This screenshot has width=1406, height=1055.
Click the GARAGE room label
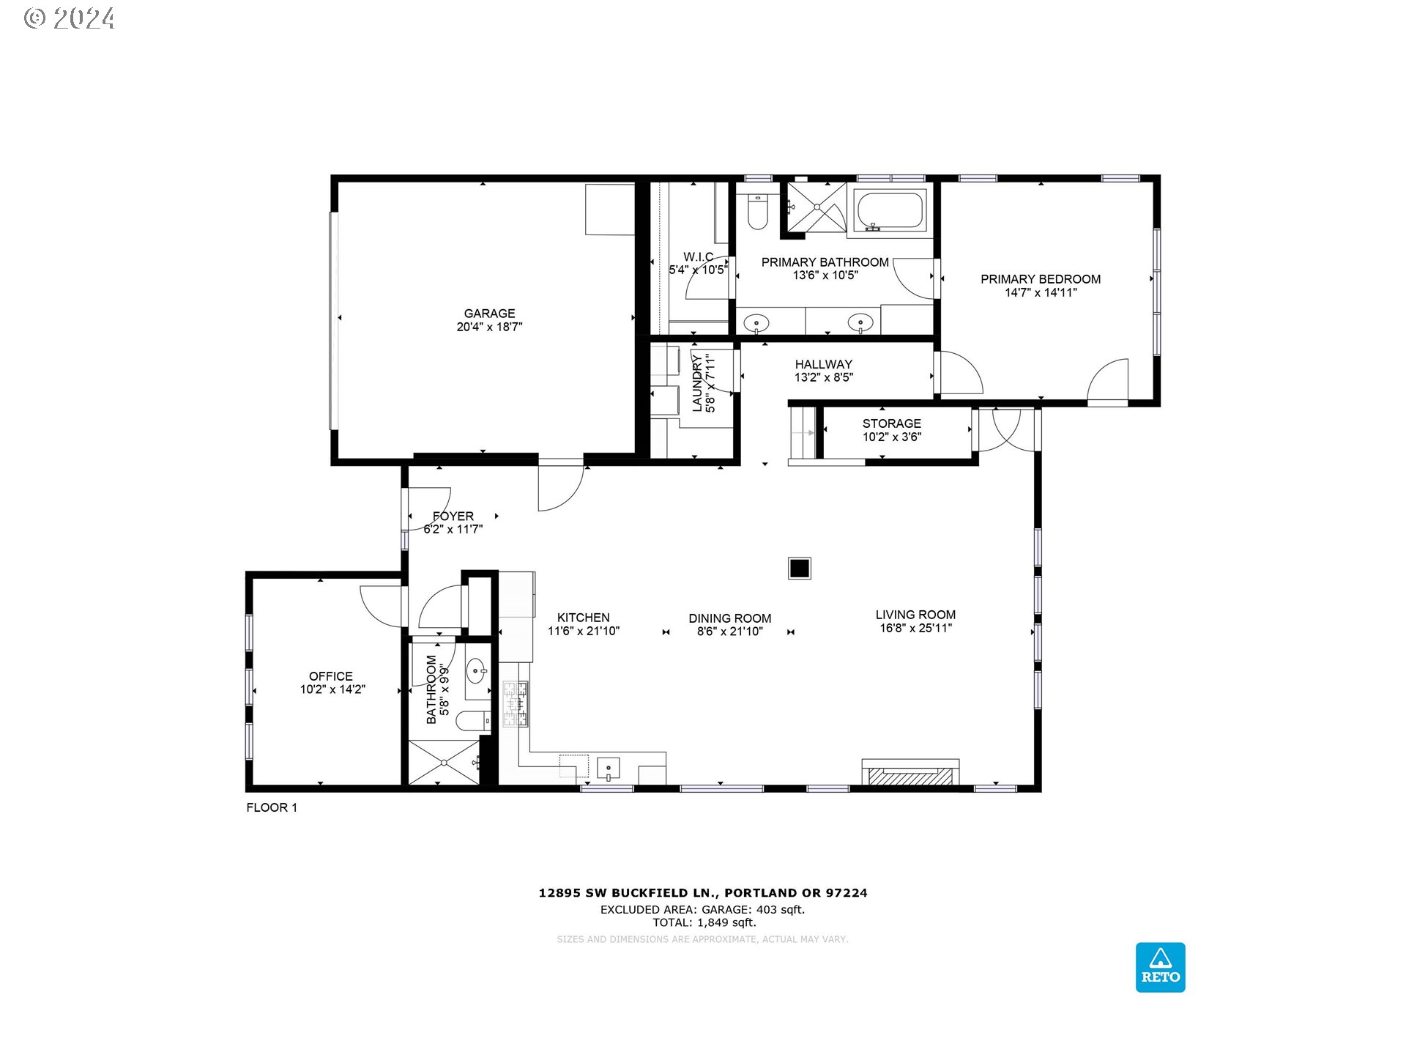[x=489, y=314]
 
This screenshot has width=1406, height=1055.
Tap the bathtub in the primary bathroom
[x=889, y=210]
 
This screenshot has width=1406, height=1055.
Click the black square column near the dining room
[x=799, y=569]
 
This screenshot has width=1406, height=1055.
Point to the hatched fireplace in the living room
[x=910, y=775]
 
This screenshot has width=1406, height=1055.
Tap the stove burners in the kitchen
[x=515, y=704]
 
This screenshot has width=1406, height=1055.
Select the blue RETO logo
[x=1160, y=967]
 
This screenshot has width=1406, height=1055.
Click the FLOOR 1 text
[x=272, y=807]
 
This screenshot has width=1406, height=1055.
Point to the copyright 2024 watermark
[x=70, y=18]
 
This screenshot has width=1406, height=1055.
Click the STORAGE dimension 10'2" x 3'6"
[x=891, y=437]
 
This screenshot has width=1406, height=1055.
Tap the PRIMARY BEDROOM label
[x=1040, y=279]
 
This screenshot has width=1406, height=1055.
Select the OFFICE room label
[x=331, y=676]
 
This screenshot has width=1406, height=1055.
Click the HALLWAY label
[x=823, y=364]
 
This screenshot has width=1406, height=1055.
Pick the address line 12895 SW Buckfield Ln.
[x=702, y=892]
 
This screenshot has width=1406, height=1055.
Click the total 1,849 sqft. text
[x=704, y=923]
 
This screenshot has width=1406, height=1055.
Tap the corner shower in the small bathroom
[x=444, y=763]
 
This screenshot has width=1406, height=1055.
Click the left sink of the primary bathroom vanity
[x=756, y=322]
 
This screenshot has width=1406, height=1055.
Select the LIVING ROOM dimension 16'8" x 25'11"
[x=915, y=628]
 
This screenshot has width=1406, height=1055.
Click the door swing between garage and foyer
[x=561, y=485]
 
